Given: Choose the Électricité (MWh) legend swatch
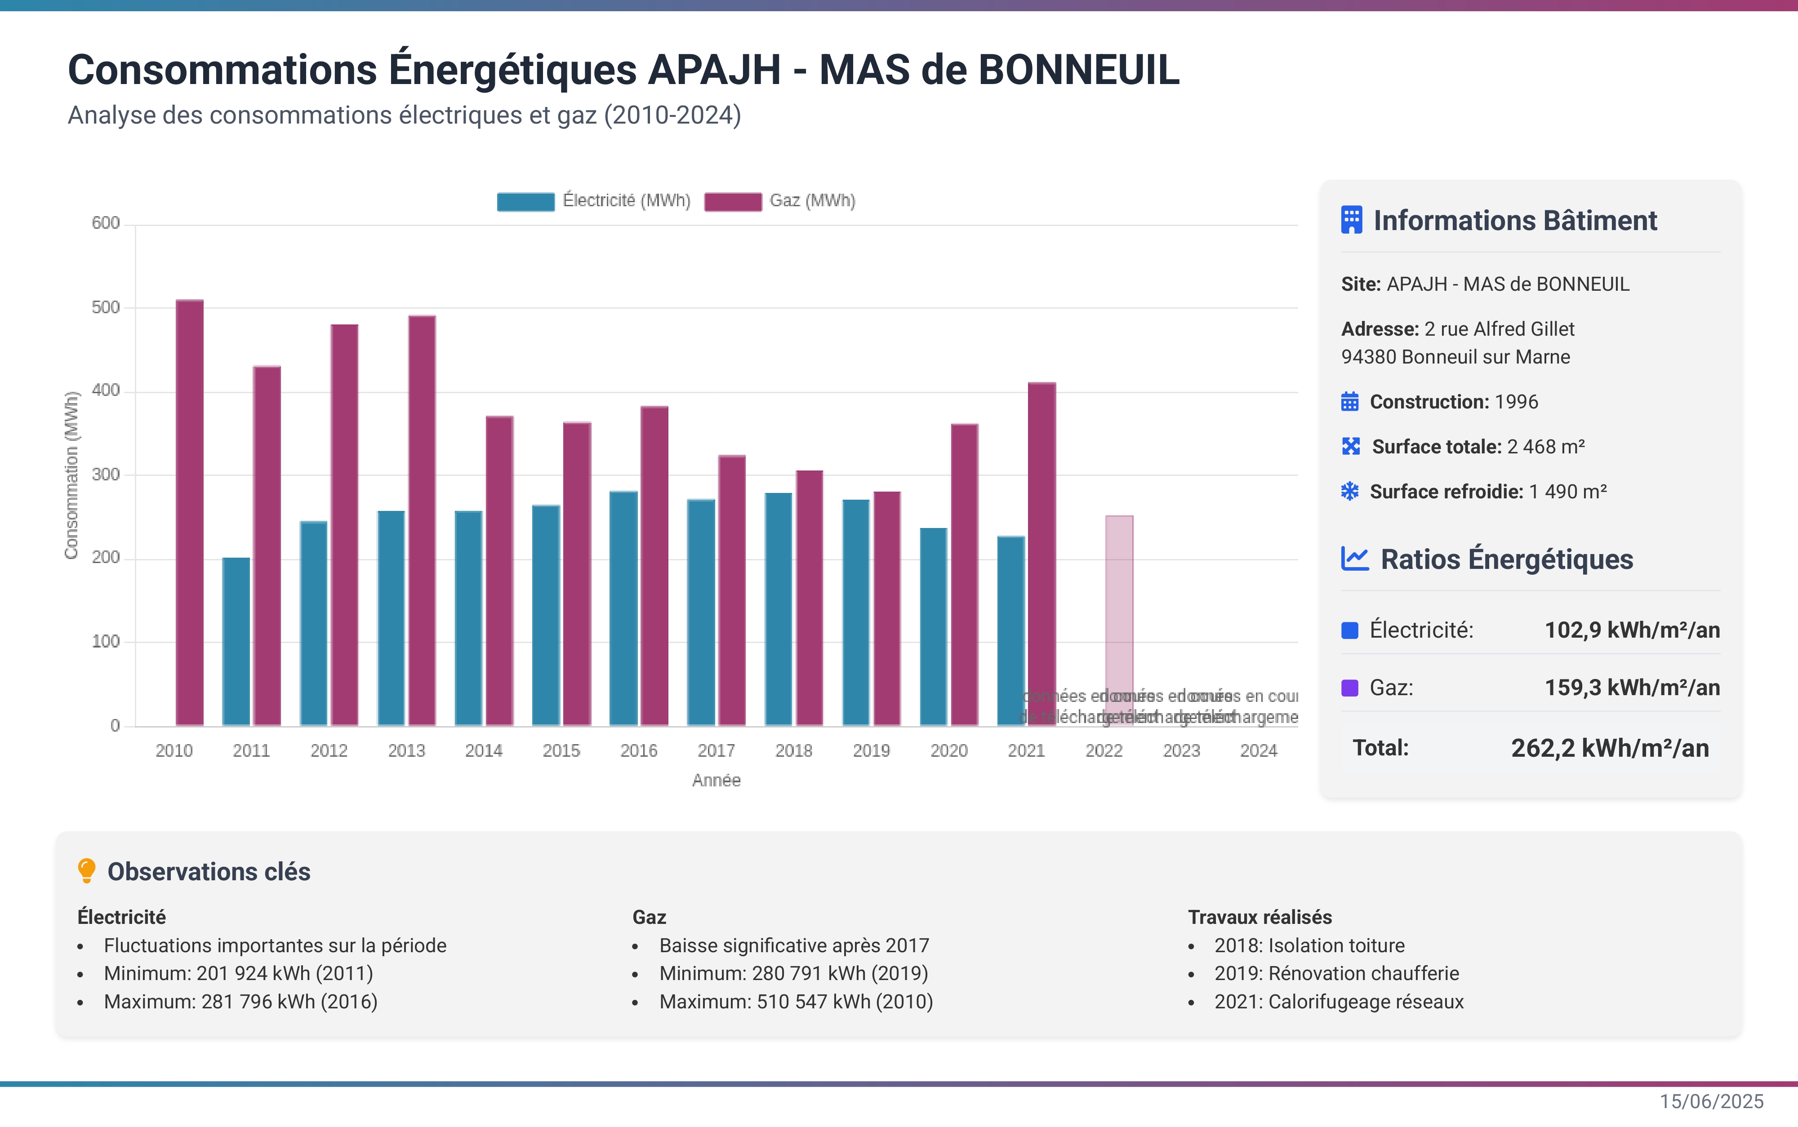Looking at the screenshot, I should click(525, 201).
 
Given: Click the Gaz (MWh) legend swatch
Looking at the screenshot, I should click(733, 201).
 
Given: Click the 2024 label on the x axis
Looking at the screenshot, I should click(1258, 750).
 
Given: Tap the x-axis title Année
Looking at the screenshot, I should click(716, 781).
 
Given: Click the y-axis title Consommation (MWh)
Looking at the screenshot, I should click(71, 475).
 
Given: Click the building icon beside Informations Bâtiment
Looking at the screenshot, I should click(1351, 221).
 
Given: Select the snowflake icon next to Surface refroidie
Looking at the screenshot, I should click(1349, 491).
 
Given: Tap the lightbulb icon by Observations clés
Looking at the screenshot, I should click(86, 870).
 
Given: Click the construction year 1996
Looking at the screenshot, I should click(1515, 402).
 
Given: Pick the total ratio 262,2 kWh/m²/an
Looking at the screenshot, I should click(1609, 748).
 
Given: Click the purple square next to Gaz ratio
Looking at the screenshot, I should click(1349, 687).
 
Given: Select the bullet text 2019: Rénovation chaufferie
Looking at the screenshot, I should click(1336, 973).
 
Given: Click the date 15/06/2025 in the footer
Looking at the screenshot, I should click(1711, 1102).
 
